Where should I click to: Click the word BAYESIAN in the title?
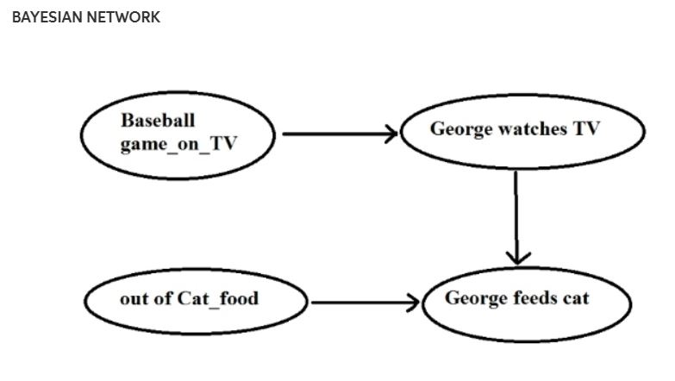point(43,17)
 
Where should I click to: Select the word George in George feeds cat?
point(475,298)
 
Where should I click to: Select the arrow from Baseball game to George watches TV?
point(336,134)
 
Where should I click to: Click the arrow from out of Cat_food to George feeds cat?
point(362,303)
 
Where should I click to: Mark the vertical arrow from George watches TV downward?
point(516,211)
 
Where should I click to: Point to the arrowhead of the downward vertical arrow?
point(516,256)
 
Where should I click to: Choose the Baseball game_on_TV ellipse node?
point(177,133)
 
